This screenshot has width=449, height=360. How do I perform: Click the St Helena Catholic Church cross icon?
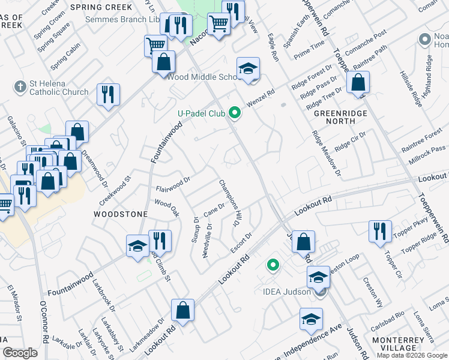pos(20,86)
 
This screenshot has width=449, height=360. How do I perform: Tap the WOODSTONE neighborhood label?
pos(113,214)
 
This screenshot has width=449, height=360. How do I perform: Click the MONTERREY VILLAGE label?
pos(402,343)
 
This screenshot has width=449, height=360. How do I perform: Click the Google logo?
pos(20,353)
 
